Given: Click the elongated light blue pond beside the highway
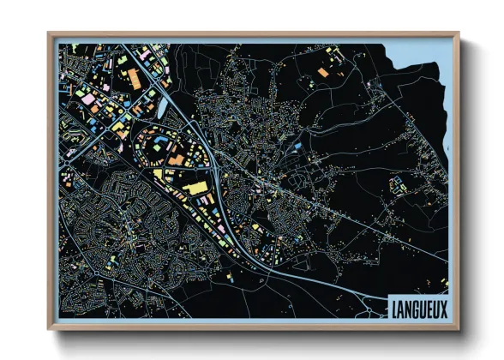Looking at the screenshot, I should [160, 105].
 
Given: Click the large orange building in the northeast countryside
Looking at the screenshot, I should [323, 72].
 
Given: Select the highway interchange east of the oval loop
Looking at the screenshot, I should [220, 171].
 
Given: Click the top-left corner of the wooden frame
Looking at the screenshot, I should [50, 34].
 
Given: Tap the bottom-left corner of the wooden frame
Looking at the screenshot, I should [50, 328].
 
